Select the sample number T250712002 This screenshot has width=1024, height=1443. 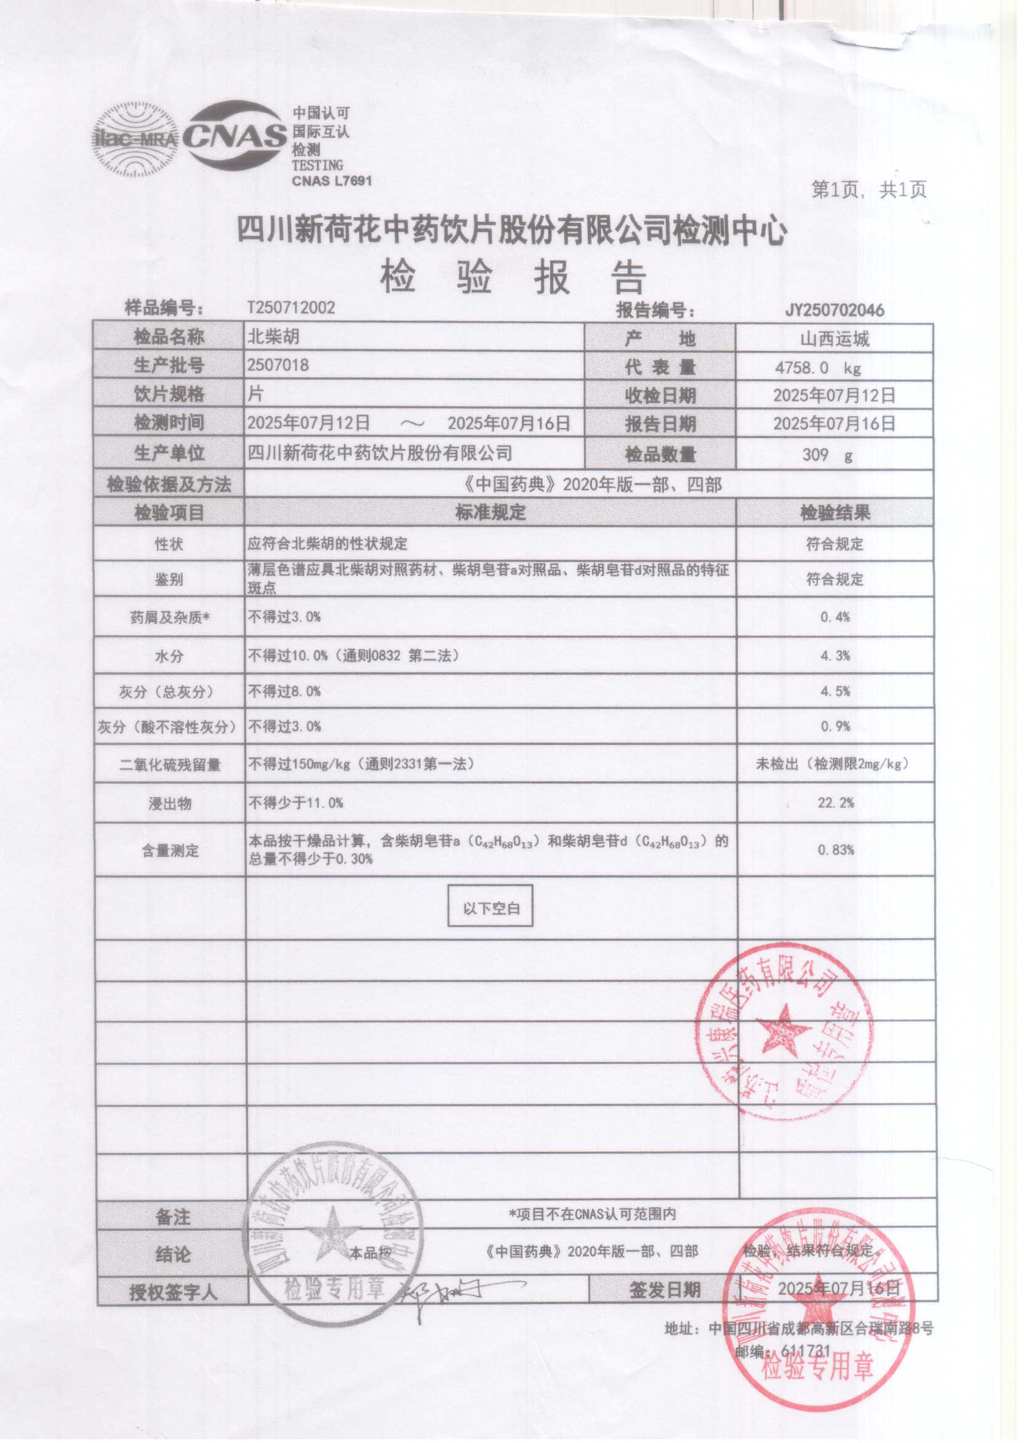(290, 307)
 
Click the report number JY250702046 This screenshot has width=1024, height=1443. (834, 310)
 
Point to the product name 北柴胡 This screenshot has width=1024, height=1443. (273, 337)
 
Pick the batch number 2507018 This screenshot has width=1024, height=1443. (278, 365)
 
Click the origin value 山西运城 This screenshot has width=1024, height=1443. (834, 339)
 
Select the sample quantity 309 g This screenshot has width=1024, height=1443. (826, 454)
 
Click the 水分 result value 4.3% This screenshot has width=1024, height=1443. (835, 656)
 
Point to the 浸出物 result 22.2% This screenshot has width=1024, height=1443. (836, 803)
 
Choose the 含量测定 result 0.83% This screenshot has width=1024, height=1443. (836, 850)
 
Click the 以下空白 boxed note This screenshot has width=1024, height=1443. (490, 908)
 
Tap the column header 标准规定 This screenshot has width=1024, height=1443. (490, 512)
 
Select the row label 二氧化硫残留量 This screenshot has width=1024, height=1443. (170, 765)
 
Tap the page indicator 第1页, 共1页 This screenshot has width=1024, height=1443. (868, 190)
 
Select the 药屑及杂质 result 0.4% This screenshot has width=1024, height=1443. (835, 617)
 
